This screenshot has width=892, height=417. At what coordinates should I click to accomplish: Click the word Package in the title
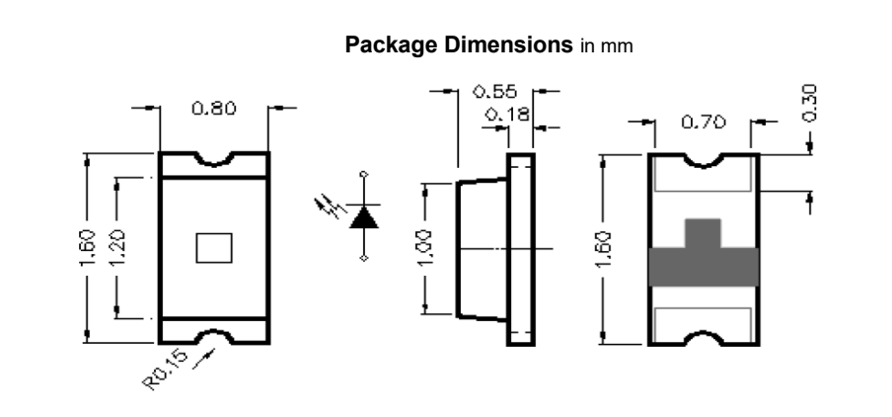(x=393, y=45)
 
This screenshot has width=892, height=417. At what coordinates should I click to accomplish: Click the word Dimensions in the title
(x=509, y=44)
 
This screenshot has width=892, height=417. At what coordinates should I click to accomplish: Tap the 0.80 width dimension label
(x=214, y=109)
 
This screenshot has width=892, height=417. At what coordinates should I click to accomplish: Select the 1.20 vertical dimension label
(x=116, y=248)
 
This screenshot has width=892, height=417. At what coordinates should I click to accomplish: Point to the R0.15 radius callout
(x=165, y=370)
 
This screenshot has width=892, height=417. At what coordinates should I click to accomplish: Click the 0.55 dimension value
(x=495, y=91)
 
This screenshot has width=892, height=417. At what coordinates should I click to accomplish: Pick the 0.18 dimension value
(x=507, y=115)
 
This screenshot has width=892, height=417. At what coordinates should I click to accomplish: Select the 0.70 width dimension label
(x=704, y=122)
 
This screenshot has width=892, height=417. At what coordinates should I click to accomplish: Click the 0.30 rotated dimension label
(x=809, y=103)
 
